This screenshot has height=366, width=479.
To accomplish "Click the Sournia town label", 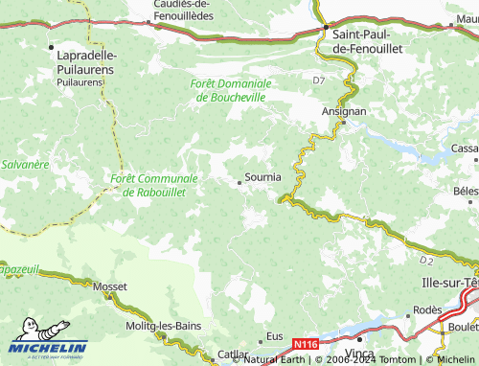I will [263, 177].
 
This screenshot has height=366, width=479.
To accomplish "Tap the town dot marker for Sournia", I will [239, 181].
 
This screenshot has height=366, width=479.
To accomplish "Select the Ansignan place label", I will [343, 111].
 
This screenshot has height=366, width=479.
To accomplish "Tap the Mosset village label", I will [110, 286].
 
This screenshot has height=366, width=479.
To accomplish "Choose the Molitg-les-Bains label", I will [164, 325].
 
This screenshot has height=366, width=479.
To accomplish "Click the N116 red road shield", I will [306, 343].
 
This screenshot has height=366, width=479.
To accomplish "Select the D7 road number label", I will [319, 81].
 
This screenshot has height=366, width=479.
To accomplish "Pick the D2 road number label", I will [426, 259].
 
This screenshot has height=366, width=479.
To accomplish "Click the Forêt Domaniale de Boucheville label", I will [231, 90].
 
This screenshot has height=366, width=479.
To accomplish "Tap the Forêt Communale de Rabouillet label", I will [154, 185].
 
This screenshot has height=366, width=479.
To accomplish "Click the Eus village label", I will [275, 336].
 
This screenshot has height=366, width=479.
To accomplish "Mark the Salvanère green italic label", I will [25, 165].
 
